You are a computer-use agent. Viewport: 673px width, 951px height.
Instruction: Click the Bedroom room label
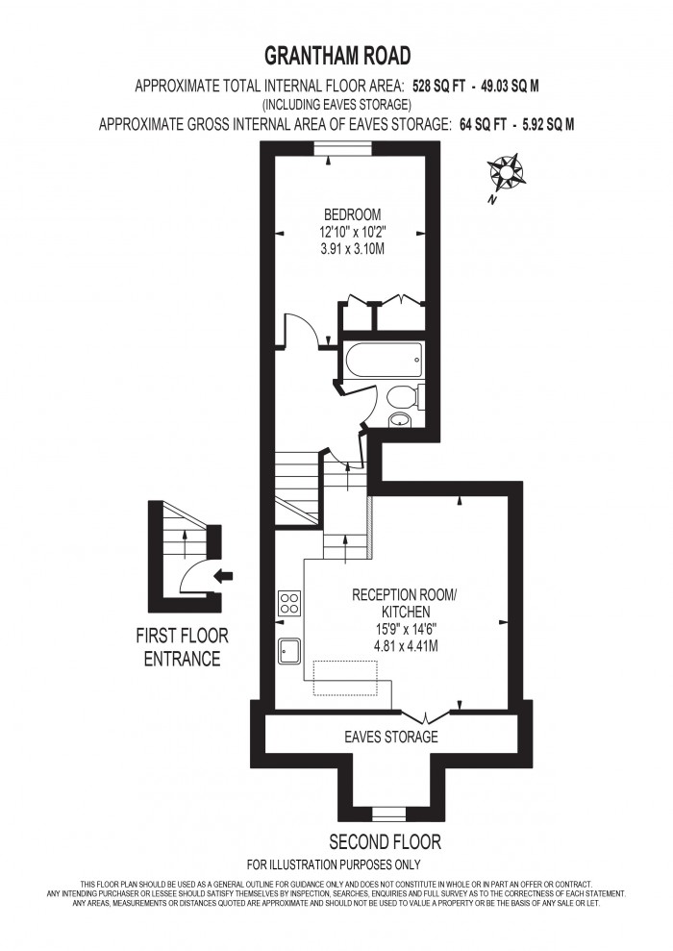352,213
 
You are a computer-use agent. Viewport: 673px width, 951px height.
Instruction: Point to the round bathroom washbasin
399,420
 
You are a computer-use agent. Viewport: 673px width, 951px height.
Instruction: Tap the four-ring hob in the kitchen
288,603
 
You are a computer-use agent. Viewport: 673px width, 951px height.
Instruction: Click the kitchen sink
289,652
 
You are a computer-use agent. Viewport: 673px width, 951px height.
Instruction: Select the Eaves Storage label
391,738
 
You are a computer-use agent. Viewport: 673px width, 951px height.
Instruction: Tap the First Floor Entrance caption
182,647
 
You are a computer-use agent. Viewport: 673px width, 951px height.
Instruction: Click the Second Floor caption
386,842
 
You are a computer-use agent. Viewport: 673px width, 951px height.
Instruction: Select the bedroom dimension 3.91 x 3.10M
352,246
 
